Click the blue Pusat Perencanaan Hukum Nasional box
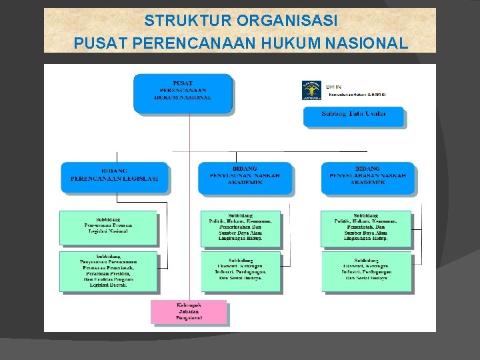click(x=183, y=92)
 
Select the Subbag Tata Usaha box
click(x=353, y=115)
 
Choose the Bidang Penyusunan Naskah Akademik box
click(x=244, y=177)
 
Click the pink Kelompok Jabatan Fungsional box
click(x=189, y=311)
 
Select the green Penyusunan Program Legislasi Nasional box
click(x=108, y=227)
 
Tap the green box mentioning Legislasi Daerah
click(x=108, y=271)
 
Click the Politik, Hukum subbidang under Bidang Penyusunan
click(x=240, y=227)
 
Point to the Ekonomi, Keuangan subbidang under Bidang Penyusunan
click(x=240, y=270)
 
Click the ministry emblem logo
click(x=311, y=89)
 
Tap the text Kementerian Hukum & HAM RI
click(x=357, y=95)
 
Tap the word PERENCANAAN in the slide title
click(x=190, y=43)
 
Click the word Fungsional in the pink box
click(x=189, y=318)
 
